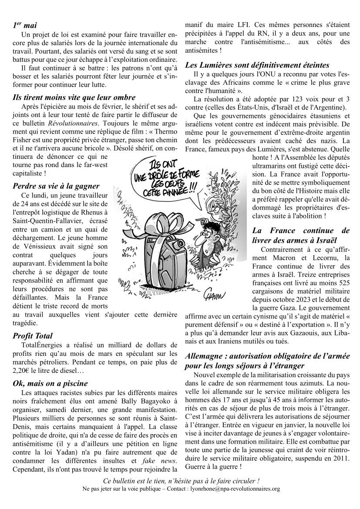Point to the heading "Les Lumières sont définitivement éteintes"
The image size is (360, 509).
click(x=257, y=65)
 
